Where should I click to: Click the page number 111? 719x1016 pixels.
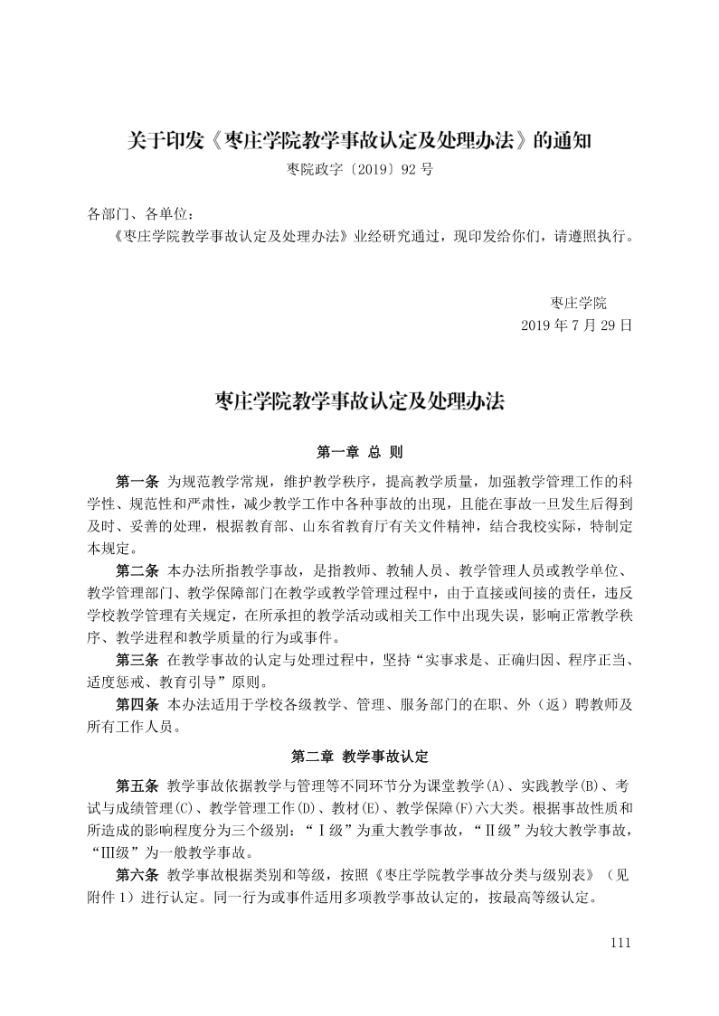pyautogui.click(x=620, y=942)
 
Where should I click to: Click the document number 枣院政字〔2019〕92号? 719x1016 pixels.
pyautogui.click(x=359, y=168)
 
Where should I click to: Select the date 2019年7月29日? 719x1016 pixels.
pyautogui.click(x=575, y=324)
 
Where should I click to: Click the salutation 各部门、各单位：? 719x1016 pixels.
pyautogui.click(x=140, y=214)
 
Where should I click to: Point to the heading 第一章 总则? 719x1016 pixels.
pyautogui.click(x=359, y=450)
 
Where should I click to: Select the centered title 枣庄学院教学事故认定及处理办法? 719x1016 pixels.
pyautogui.click(x=359, y=400)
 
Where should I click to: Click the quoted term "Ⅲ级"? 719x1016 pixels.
pyautogui.click(x=118, y=851)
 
